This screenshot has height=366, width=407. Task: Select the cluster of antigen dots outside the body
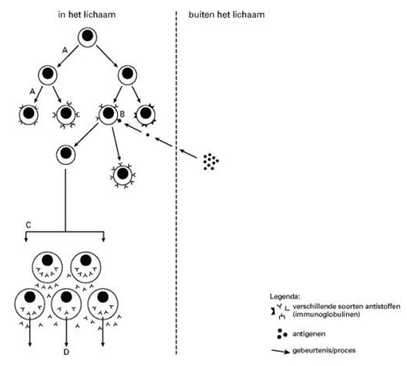tap(210, 161)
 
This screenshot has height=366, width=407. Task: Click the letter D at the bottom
tap(66, 352)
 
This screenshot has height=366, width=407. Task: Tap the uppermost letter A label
tap(65, 49)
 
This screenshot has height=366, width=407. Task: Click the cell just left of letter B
tap(107, 114)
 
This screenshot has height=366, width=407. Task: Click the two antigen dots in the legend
tap(281, 331)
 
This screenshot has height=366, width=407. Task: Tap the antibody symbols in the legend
tap(281, 310)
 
